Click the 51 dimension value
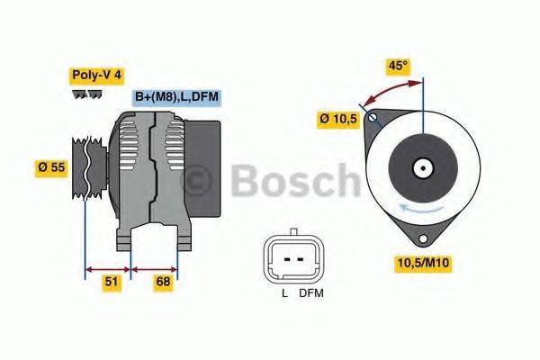coord(110,283)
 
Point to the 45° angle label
coord(398,65)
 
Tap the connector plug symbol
coord(292,257)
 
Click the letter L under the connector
coord(283,293)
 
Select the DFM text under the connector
coord(311,293)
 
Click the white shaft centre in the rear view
coord(421,167)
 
